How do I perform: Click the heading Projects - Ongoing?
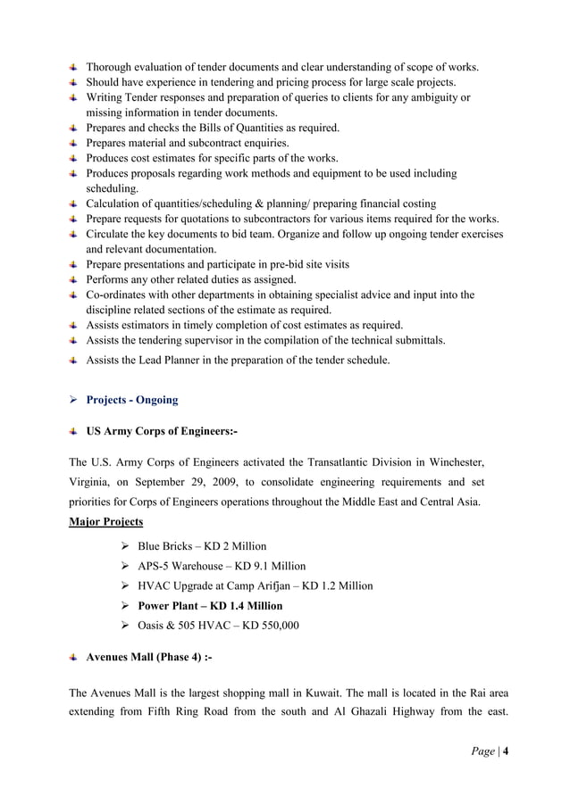[131, 400]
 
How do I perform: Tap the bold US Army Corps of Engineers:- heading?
[161, 432]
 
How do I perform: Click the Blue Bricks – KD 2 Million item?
[202, 545]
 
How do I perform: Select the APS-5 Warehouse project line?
[222, 566]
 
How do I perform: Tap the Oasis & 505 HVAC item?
[218, 626]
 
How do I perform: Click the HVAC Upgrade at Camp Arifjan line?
[256, 586]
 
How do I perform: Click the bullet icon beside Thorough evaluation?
[73, 67]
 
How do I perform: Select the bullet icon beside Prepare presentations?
[73, 264]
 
